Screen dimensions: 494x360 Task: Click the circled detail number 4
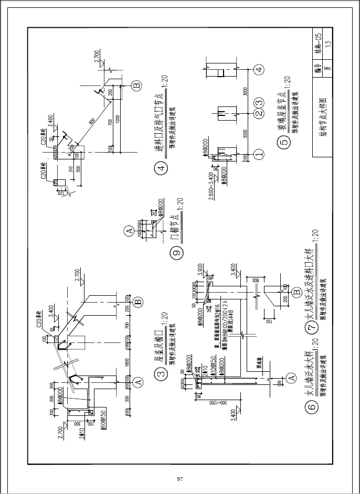click(x=161, y=169)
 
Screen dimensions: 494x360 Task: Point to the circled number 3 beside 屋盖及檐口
click(x=161, y=373)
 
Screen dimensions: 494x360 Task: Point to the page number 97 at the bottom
click(x=179, y=479)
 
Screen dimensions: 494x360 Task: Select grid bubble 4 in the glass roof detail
click(x=257, y=69)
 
